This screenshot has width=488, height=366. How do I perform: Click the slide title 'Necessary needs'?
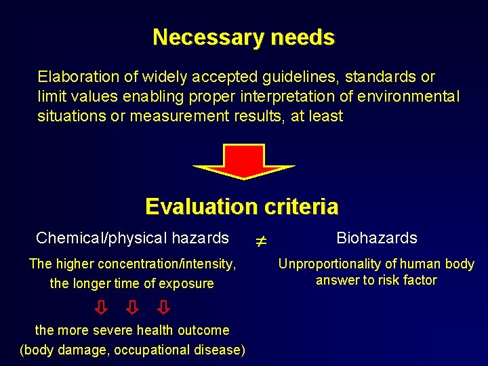pos(243,37)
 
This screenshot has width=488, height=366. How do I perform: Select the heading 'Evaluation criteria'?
pos(242,206)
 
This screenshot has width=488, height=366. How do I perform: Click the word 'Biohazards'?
pos(377,238)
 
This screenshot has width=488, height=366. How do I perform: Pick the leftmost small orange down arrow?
pos(100,308)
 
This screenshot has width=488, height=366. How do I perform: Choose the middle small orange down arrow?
pos(132,308)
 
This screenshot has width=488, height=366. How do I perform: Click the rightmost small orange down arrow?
pos(163,308)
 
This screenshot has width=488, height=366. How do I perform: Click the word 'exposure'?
pos(188,283)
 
